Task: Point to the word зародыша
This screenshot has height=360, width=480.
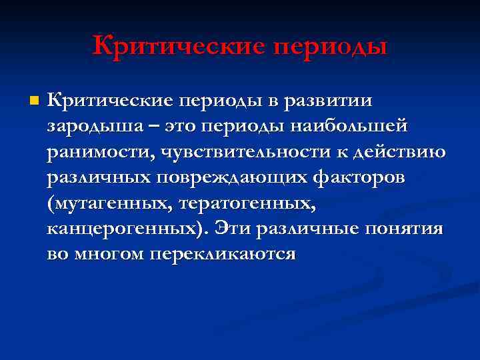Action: (89, 126)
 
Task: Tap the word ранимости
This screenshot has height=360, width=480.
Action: (99, 151)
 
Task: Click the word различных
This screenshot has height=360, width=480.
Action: (99, 177)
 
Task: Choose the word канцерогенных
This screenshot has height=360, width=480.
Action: (127, 229)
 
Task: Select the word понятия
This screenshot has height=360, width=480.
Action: (405, 229)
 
